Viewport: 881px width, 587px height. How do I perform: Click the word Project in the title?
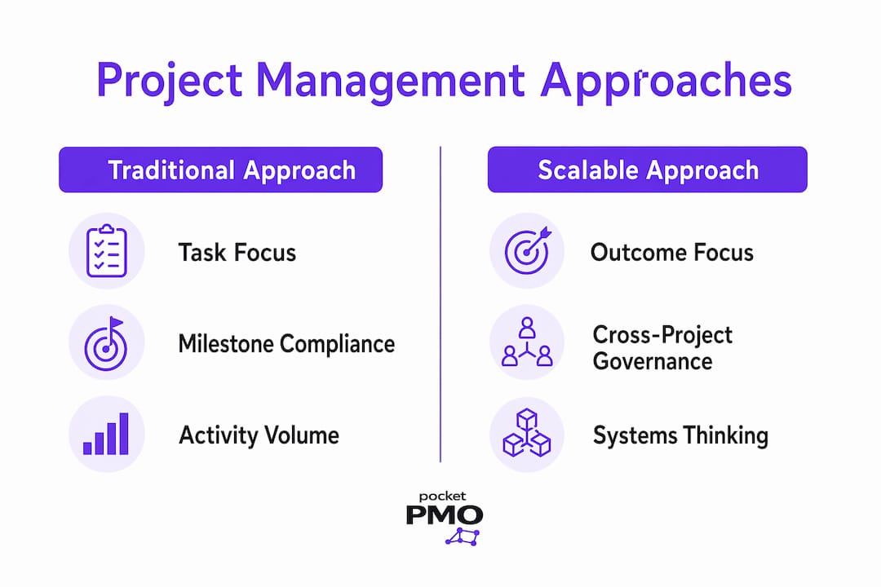pyautogui.click(x=170, y=81)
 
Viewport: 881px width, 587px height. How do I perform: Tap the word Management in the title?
pyautogui.click(x=391, y=81)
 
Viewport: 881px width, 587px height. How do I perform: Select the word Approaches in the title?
pyautogui.click(x=666, y=81)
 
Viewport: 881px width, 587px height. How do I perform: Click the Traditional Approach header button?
pyautogui.click(x=221, y=170)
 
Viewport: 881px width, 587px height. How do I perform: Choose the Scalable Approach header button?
pyautogui.click(x=647, y=170)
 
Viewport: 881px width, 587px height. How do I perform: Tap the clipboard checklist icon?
pyautogui.click(x=107, y=250)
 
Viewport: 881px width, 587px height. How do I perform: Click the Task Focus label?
pyautogui.click(x=237, y=253)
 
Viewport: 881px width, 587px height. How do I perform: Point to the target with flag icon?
pyautogui.click(x=105, y=343)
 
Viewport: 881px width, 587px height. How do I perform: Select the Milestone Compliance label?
pyautogui.click(x=286, y=344)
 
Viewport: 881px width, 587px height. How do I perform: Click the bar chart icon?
pyautogui.click(x=105, y=434)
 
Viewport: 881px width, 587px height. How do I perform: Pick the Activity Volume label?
pyautogui.click(x=259, y=435)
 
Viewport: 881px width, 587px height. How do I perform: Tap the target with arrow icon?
pyautogui.click(x=527, y=250)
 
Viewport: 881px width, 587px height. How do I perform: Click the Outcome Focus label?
pyautogui.click(x=672, y=253)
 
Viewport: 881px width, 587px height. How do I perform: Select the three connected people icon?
pyautogui.click(x=527, y=342)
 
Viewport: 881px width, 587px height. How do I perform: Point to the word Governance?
pyautogui.click(x=653, y=361)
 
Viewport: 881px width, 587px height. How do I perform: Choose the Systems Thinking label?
pyautogui.click(x=680, y=436)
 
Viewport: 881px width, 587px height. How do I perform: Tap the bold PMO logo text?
pyautogui.click(x=445, y=514)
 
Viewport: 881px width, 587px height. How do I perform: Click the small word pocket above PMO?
pyautogui.click(x=442, y=497)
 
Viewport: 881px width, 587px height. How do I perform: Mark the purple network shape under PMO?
pyautogui.click(x=463, y=537)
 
